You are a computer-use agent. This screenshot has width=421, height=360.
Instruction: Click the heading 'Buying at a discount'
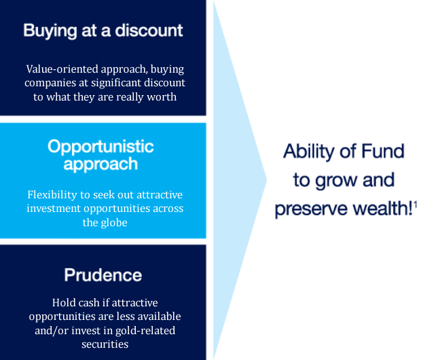[103, 31]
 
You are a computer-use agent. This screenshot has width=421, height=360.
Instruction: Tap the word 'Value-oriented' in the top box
[62, 69]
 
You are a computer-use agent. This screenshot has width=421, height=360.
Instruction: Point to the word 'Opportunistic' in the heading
[100, 147]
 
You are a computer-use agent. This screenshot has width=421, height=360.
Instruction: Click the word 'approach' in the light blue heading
[100, 164]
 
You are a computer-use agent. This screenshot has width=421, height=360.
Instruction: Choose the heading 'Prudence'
[103, 275]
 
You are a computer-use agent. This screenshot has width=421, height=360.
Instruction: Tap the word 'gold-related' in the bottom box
[145, 331]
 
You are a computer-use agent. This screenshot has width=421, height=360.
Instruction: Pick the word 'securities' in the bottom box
[105, 344]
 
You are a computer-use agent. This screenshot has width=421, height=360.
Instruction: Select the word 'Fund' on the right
[383, 151]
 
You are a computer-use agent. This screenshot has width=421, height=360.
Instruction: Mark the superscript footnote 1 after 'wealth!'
[416, 205]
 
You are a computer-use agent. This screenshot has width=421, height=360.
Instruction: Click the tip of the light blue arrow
[267, 180]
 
